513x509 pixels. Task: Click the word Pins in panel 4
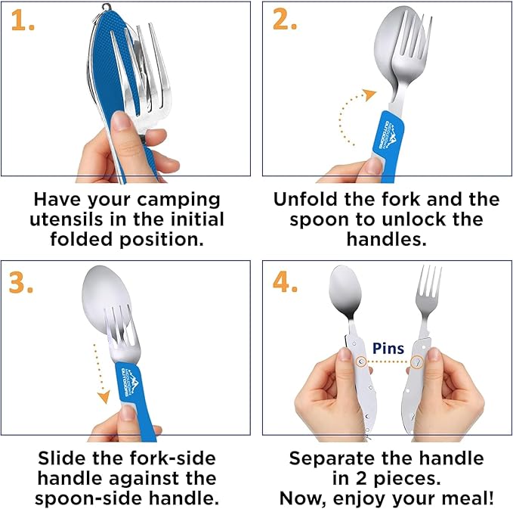[x=388, y=349]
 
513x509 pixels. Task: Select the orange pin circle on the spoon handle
[x=362, y=362]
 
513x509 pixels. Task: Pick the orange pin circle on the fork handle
[x=416, y=363]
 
